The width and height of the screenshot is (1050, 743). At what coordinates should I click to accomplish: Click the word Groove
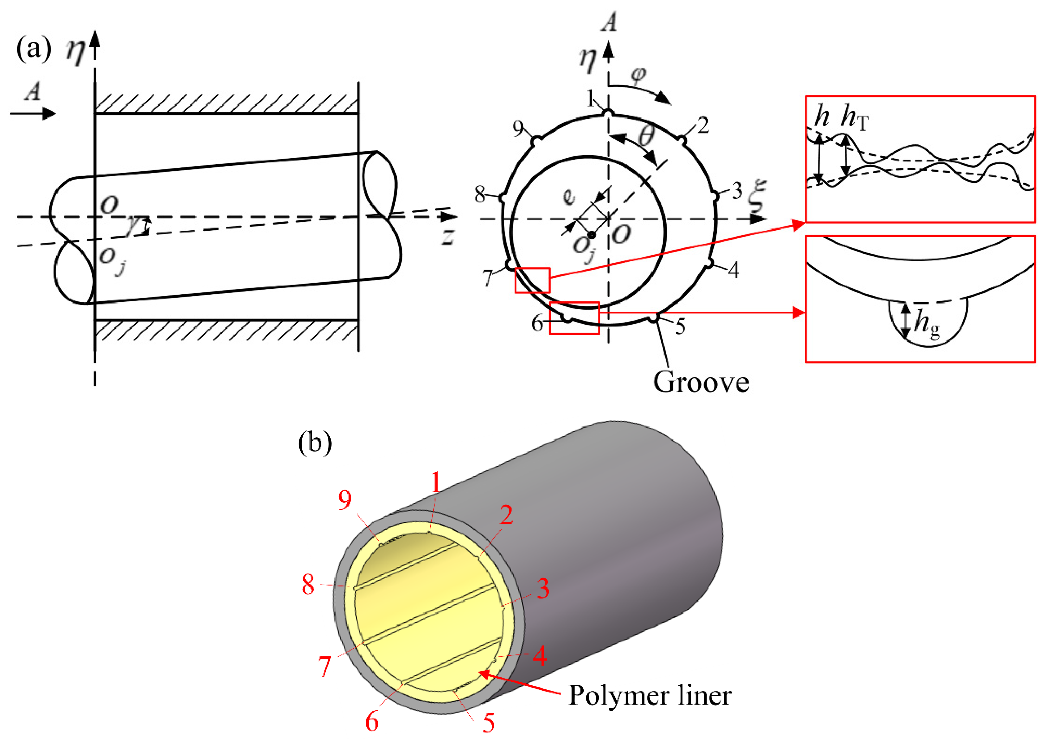tap(700, 382)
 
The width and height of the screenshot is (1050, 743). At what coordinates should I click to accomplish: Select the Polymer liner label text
tap(649, 695)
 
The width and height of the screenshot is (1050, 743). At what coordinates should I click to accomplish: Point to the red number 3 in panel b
tap(543, 589)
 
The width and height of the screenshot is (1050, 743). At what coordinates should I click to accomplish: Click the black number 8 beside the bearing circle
tap(480, 195)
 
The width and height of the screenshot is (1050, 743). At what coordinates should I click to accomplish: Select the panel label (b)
tap(315, 443)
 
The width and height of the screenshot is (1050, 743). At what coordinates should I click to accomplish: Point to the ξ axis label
tap(757, 196)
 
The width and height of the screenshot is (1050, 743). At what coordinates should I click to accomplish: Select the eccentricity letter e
tap(568, 197)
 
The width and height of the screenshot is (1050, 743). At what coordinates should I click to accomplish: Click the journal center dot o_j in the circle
tap(592, 235)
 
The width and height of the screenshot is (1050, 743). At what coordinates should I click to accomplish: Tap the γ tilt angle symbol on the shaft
tap(133, 225)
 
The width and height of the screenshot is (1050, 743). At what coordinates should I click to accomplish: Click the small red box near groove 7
tap(532, 280)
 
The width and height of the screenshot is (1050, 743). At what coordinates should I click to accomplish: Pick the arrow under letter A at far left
tap(33, 113)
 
